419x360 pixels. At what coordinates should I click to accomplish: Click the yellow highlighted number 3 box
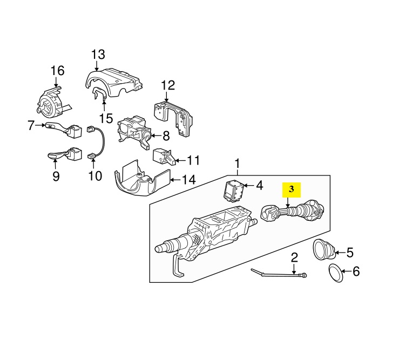[x=292, y=189]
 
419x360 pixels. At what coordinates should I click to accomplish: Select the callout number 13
[x=98, y=55]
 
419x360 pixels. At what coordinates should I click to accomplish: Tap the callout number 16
[x=57, y=71]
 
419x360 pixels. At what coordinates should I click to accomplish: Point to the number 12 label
[x=168, y=85]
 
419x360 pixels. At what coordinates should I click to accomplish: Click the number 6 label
[x=356, y=271]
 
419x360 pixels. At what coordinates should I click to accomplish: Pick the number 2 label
[x=294, y=257]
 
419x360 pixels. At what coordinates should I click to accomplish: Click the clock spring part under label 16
[x=52, y=101]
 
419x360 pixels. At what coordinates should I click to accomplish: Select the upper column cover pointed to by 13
[x=113, y=81]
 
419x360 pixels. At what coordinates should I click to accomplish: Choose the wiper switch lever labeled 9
[x=65, y=154]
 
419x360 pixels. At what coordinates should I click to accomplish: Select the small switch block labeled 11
[x=164, y=157]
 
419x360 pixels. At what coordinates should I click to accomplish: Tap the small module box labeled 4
[x=234, y=189]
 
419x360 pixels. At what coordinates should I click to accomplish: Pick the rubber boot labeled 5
[x=324, y=249]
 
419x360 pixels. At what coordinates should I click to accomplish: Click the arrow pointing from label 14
[x=175, y=180]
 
